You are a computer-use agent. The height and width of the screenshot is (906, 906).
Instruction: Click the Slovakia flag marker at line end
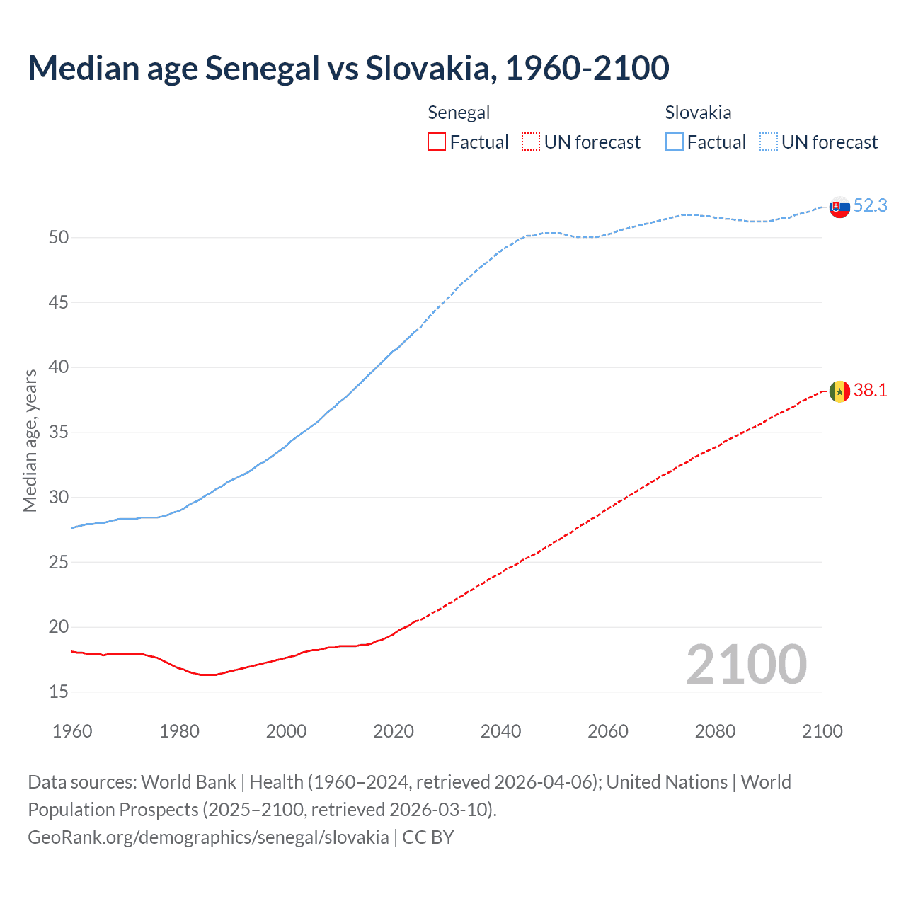839,207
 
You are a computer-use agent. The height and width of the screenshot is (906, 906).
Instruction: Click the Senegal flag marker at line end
839,391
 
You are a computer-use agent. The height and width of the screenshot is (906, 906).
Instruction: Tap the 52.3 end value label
870,205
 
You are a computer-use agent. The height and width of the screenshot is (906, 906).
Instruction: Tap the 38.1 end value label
870,390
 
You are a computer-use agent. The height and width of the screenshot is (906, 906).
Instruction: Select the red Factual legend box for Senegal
437,142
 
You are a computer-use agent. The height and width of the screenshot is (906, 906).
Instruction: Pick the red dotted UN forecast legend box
531,142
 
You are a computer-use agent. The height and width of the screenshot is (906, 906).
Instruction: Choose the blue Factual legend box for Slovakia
674,142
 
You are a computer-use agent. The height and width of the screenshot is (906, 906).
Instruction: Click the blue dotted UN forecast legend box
768,142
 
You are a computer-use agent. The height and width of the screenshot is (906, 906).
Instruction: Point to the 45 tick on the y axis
59,302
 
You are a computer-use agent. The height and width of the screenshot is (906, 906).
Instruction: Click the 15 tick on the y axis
59,692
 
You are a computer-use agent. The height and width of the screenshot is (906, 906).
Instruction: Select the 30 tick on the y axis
59,497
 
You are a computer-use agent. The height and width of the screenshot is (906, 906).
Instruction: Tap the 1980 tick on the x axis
179,731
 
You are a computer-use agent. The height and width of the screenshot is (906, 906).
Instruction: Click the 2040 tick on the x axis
500,731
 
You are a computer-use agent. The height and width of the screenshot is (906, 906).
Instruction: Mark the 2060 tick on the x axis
608,731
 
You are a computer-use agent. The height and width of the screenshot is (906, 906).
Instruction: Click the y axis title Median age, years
30,440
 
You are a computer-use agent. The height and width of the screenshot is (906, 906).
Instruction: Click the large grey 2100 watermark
746,664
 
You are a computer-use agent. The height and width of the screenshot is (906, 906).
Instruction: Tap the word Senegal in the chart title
263,68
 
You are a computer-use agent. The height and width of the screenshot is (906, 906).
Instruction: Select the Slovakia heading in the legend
698,113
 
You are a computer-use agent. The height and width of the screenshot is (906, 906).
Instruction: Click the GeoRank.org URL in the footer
208,837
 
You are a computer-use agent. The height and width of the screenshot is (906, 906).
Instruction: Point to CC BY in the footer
428,837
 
